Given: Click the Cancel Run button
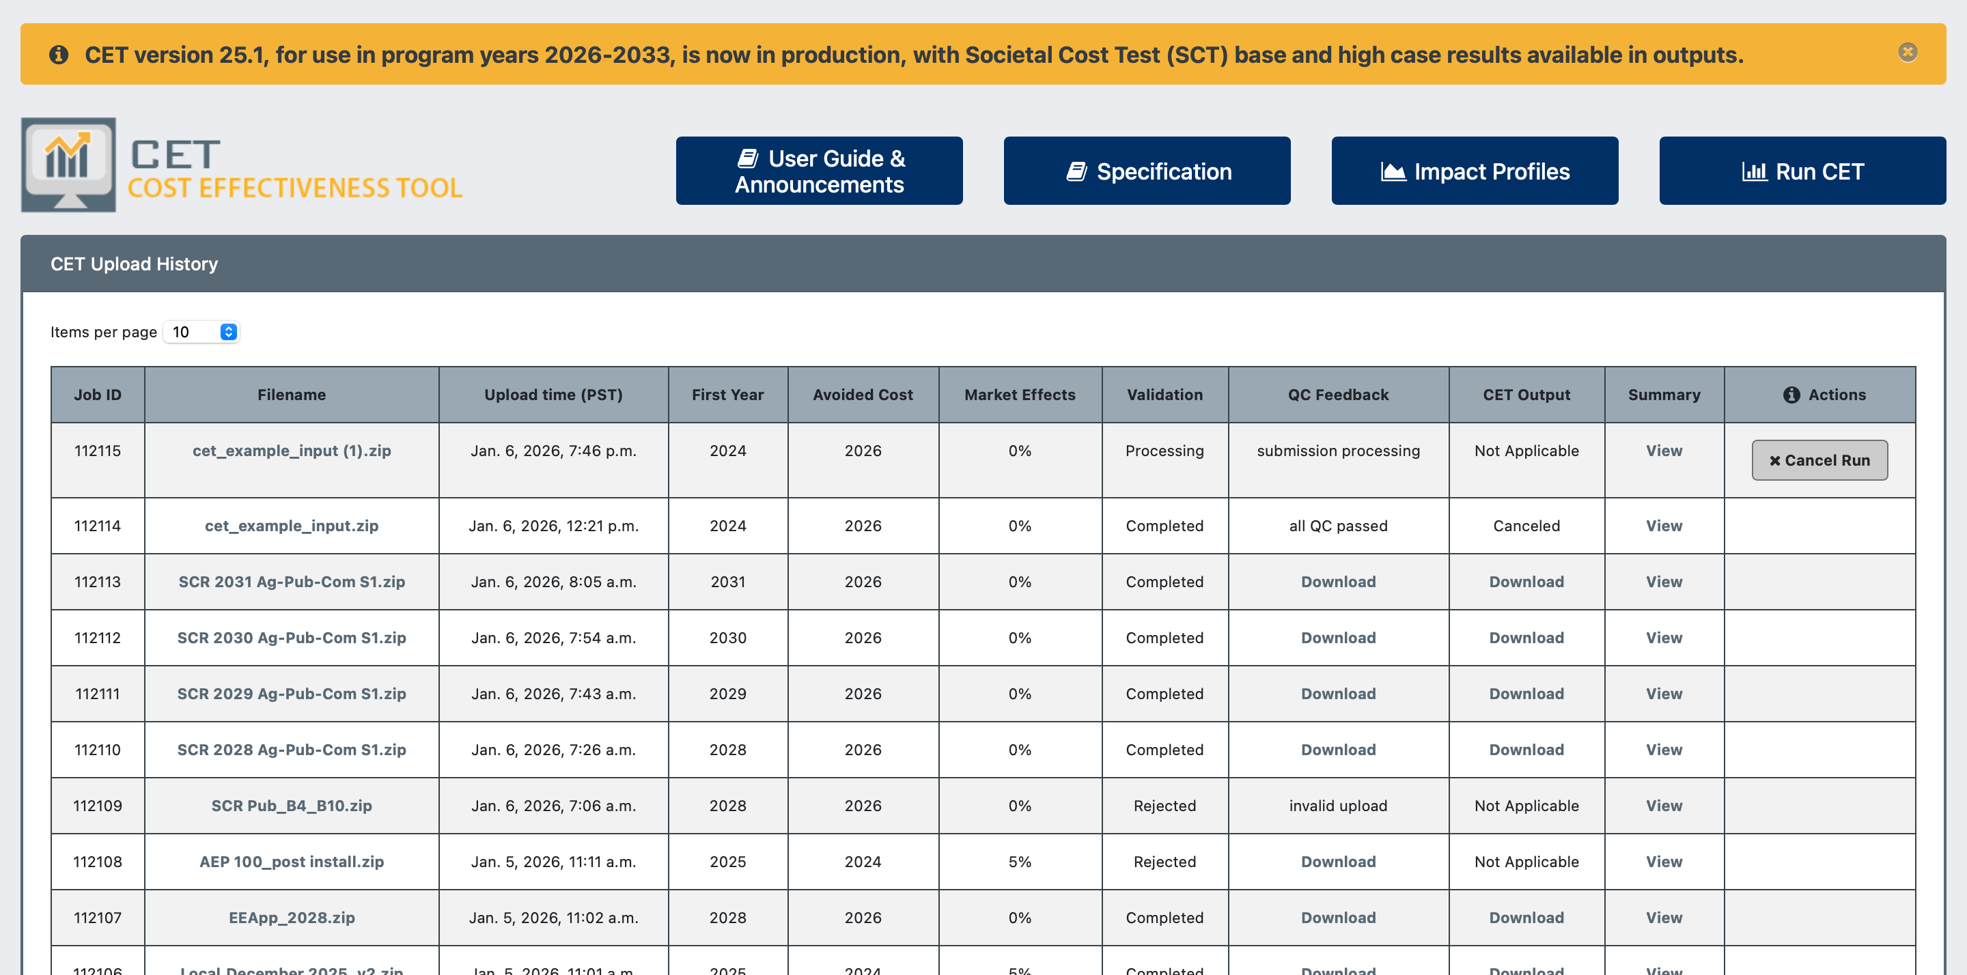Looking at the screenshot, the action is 1819,460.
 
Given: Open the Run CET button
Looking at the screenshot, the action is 1802,171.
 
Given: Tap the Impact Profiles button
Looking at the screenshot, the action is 1475,171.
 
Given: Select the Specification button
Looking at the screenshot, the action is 1147,171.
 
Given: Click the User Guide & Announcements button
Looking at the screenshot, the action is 820,171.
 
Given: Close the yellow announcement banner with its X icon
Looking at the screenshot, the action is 1908,52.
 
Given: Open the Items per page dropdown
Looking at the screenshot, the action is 201,331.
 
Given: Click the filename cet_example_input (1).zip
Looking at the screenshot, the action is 292,451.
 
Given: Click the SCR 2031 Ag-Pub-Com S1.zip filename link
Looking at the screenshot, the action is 292,582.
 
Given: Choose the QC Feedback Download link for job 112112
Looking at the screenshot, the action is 1339,638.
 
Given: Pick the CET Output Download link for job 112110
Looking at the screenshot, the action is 1526,750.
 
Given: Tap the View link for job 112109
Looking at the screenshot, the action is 1664,806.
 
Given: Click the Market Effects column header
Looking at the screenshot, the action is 1020,395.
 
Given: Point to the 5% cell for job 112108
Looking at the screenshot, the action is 1020,861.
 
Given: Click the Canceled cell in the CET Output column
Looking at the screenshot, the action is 1526,525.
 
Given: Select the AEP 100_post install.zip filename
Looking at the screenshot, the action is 292,861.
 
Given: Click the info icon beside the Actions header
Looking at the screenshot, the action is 1791,395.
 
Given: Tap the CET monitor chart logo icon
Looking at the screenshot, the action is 69,164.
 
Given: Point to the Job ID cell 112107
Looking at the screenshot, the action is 98,918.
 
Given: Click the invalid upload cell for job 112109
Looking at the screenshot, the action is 1339,806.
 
